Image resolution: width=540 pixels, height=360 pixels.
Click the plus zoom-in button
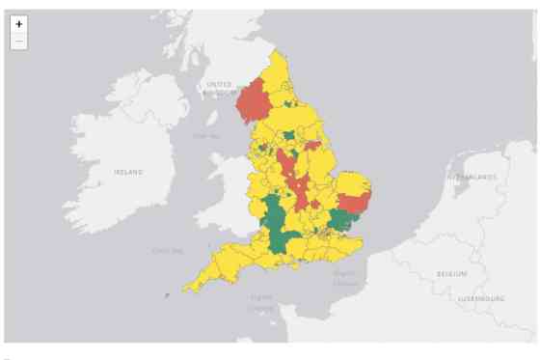19,24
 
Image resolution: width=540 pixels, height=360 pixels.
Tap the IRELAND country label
128,172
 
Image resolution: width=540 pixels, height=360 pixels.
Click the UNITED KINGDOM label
220,89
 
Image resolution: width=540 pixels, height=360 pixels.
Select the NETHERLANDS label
470,178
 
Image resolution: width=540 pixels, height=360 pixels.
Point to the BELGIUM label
450,274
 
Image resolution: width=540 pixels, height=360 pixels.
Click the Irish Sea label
205,136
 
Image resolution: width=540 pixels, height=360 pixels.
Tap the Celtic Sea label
167,251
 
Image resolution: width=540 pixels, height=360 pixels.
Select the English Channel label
261,301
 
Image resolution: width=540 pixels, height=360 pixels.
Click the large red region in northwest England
255,100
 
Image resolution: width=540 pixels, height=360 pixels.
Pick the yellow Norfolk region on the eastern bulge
353,183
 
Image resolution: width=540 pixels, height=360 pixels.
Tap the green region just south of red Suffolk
341,221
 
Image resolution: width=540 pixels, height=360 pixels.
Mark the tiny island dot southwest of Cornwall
167,294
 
